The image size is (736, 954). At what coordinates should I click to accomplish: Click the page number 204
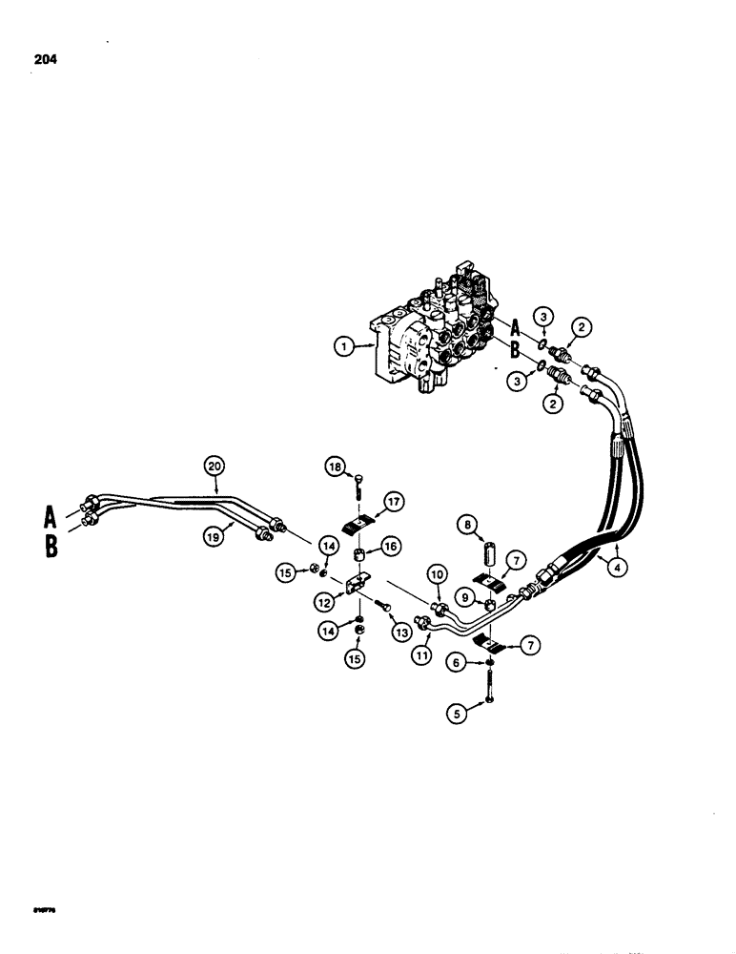(x=44, y=59)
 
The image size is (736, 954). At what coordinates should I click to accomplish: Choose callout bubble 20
(x=214, y=465)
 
